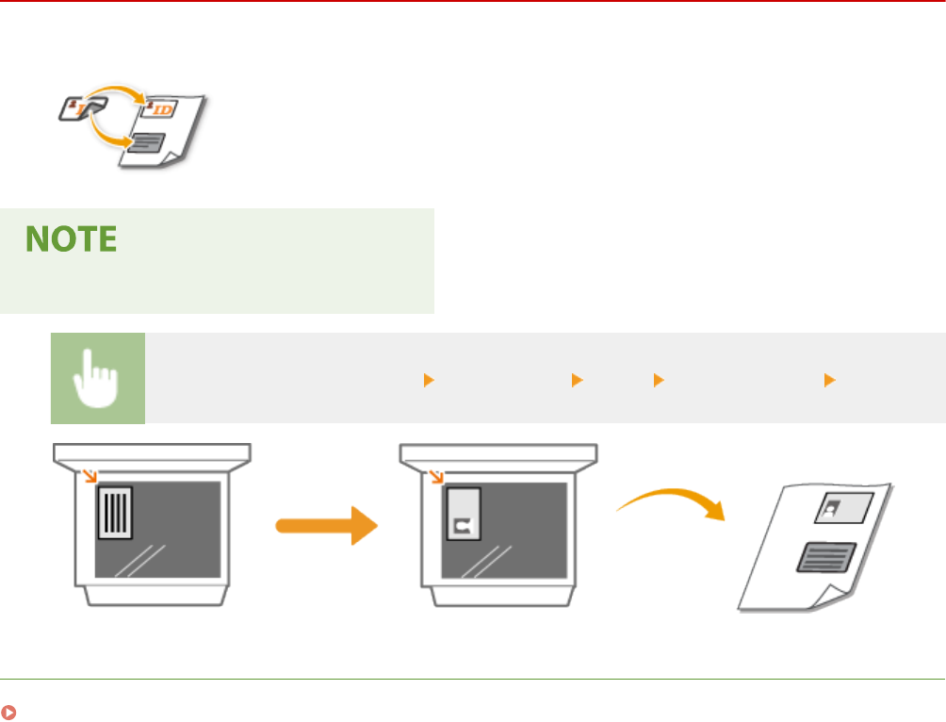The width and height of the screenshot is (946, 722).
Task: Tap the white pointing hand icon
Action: (98, 378)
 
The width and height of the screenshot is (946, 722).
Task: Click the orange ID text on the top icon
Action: (161, 111)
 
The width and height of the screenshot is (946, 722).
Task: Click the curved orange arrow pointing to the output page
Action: (672, 500)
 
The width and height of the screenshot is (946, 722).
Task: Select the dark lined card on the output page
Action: (826, 556)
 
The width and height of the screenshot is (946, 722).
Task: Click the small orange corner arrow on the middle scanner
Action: (437, 476)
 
